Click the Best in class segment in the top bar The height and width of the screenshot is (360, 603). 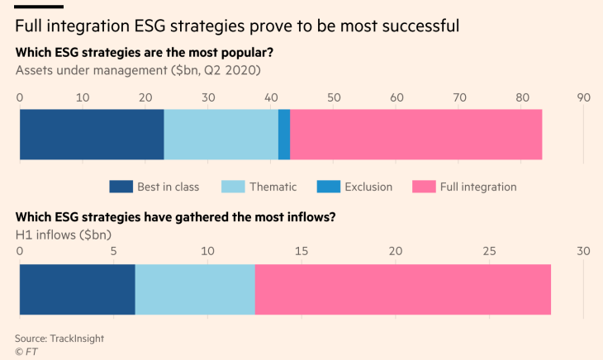92,135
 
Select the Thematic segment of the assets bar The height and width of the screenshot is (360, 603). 221,135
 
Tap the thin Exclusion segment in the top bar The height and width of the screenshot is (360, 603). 284,135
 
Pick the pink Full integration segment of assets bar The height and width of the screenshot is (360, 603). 415,135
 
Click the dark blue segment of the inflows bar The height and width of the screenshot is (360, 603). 77,290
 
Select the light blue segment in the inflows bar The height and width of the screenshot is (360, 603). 195,290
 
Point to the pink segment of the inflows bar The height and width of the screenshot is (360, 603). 402,290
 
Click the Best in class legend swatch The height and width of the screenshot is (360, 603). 121,187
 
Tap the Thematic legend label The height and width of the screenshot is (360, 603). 273,187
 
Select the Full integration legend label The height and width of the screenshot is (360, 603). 477,187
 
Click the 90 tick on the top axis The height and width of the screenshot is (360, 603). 584,97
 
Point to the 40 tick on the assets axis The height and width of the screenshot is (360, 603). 271,97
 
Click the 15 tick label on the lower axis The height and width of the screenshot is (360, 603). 302,251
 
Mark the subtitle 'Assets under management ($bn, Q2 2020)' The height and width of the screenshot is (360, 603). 138,70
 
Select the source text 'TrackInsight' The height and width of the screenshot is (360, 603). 78,338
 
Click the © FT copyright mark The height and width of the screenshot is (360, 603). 26,351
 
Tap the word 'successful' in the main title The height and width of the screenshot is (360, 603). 416,26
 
